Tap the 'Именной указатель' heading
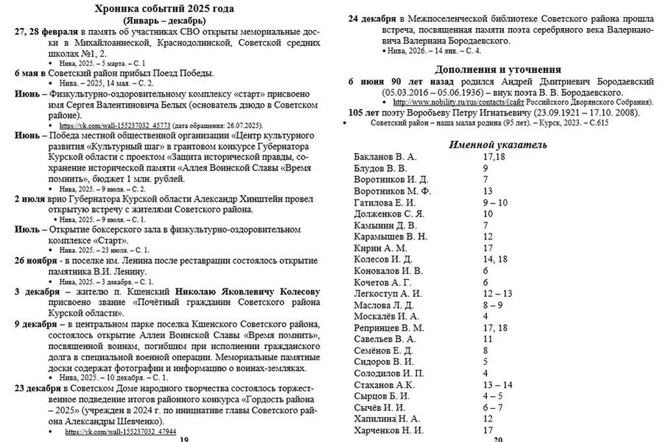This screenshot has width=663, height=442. click(498, 144)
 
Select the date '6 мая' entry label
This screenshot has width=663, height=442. click(29, 74)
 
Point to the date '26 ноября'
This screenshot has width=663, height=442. click(38, 261)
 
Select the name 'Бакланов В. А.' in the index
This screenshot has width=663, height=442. click(385, 157)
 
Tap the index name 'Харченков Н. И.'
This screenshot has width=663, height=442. click(389, 429)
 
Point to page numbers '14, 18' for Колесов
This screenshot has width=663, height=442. click(495, 259)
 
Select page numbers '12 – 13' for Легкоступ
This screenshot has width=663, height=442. click(497, 293)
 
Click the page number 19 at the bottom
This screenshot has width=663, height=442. click(183, 439)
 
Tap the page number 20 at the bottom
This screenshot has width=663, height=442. click(497, 439)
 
